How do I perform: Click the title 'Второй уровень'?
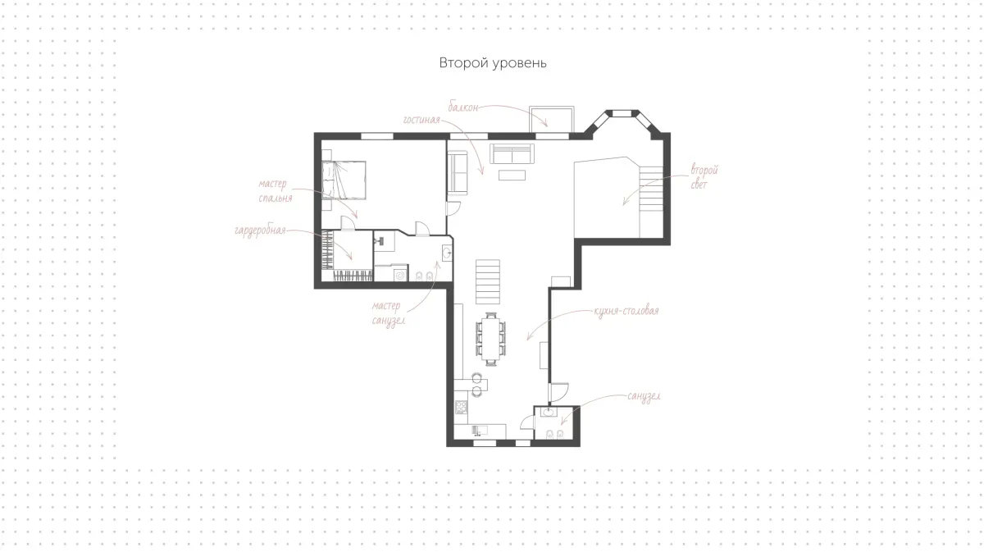493,63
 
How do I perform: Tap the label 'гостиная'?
421,120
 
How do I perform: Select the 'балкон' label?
463,107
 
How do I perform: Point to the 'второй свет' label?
704,177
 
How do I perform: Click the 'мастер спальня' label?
276,191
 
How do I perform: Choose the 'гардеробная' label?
260,230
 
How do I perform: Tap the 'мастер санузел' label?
387,313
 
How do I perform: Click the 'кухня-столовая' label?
626,311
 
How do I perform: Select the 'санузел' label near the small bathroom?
644,396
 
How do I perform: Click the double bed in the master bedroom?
344,180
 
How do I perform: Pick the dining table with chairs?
490,339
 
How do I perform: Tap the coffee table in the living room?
512,175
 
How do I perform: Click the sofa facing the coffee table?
512,153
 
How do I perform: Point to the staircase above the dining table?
488,281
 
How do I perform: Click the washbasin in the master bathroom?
447,253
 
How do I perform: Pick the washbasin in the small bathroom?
549,412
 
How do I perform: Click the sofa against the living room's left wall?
458,172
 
